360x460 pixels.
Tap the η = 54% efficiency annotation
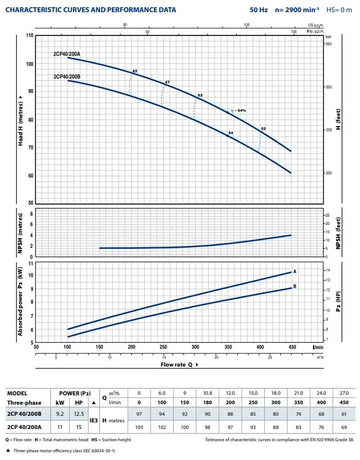coord(238,111)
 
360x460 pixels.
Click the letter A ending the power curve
coord(295,271)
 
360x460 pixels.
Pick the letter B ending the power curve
coord(295,286)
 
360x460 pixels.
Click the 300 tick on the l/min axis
coord(195,347)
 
